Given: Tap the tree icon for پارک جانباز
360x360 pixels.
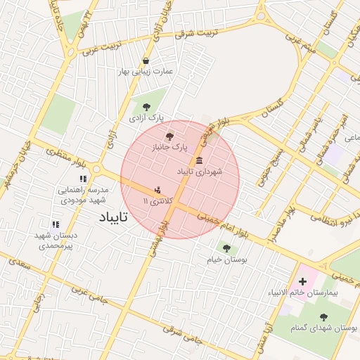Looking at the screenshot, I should [x=168, y=136].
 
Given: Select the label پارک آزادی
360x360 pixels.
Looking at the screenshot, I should [x=146, y=120].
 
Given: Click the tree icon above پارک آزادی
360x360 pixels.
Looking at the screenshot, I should [x=146, y=107].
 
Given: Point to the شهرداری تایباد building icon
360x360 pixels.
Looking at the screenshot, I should [x=200, y=160].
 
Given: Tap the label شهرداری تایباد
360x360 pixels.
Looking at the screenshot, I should [x=200, y=172].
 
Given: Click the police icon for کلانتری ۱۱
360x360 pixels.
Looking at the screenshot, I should [x=157, y=189].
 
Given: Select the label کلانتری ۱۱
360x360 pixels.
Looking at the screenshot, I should [x=156, y=202].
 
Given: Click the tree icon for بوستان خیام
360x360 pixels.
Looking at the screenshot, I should [x=226, y=247].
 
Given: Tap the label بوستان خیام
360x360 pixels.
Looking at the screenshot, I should [x=226, y=260].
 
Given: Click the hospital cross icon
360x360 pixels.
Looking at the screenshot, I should [x=302, y=281].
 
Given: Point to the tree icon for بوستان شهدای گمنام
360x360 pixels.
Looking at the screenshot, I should [x=324, y=317].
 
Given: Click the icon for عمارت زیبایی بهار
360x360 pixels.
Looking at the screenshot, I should [x=146, y=60].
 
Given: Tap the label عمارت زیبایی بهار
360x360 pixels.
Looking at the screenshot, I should [x=146, y=72].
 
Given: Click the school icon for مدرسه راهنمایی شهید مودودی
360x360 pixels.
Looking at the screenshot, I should [x=83, y=179].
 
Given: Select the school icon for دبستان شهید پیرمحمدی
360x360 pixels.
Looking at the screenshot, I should [x=56, y=225].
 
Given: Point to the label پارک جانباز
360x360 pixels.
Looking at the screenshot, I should [x=171, y=148].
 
